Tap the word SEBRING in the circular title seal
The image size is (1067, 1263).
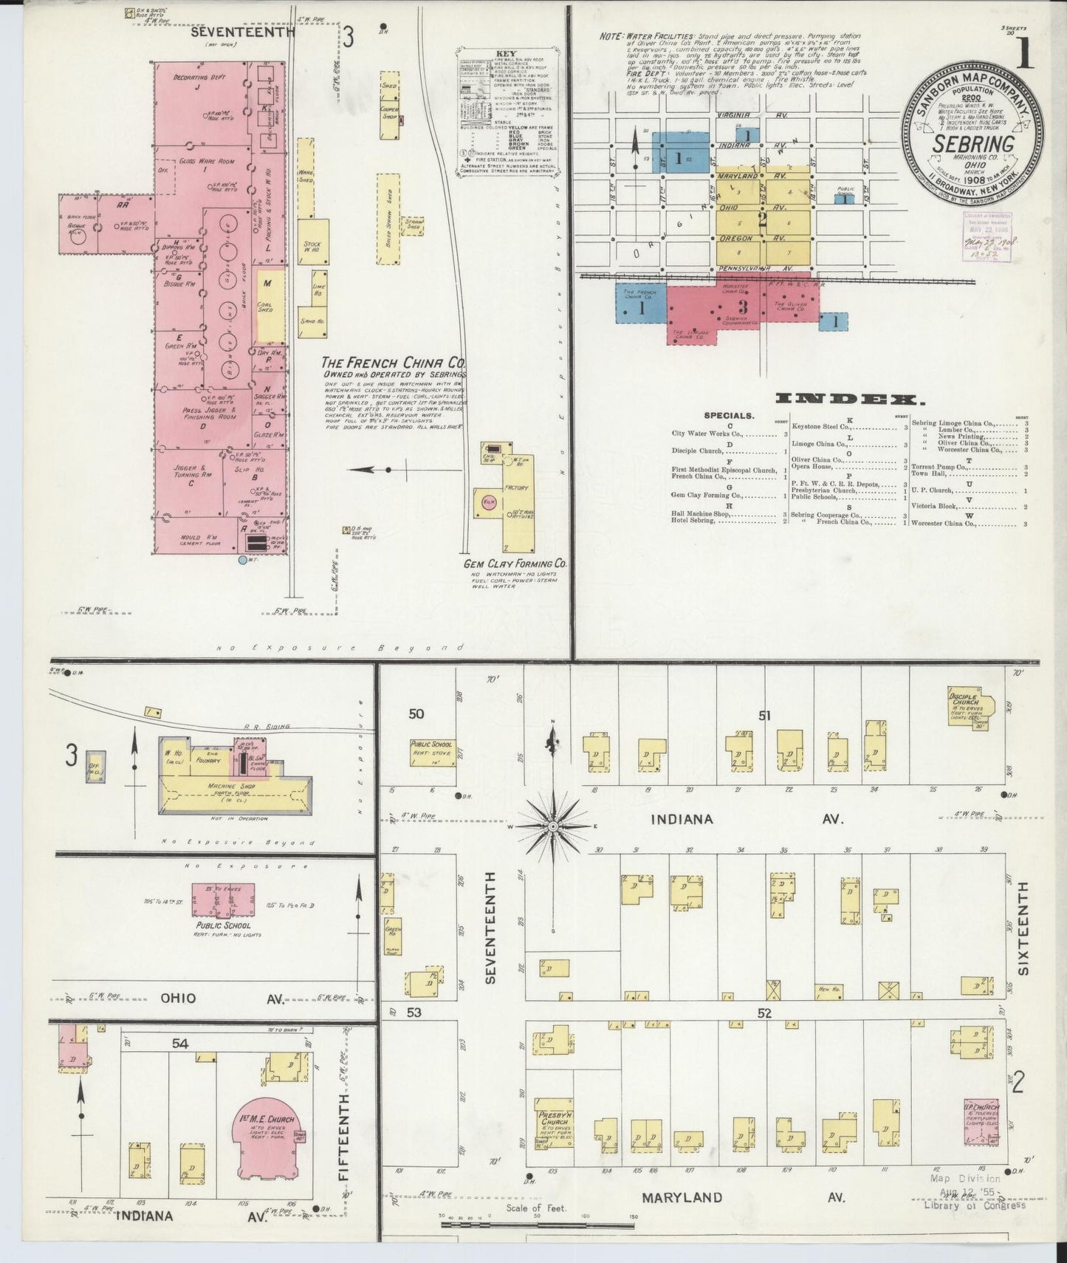click(x=972, y=143)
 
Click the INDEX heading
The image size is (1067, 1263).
click(x=849, y=400)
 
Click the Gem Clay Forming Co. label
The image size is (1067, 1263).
click(x=515, y=564)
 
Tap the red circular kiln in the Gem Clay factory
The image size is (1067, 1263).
click(x=488, y=502)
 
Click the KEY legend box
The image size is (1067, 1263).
click(x=507, y=110)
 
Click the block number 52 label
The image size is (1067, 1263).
click(x=764, y=1013)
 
